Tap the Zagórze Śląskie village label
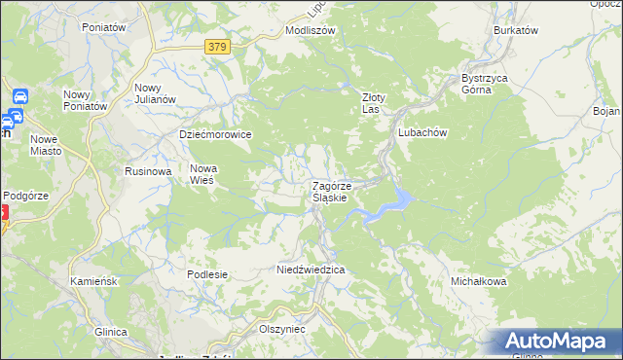(x=339, y=192)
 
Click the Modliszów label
(x=310, y=30)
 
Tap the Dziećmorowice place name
(x=216, y=134)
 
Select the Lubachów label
(x=421, y=133)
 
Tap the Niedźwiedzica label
(x=312, y=269)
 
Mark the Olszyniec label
(x=282, y=329)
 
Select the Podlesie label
(x=207, y=274)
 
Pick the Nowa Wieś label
(x=203, y=173)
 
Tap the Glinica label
(x=111, y=332)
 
